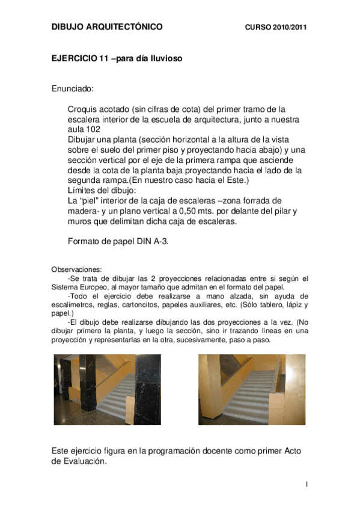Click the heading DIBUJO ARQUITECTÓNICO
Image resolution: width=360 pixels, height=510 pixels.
106,28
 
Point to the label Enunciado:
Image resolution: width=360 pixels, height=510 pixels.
72,89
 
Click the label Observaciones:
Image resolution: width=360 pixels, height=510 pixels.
76,269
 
